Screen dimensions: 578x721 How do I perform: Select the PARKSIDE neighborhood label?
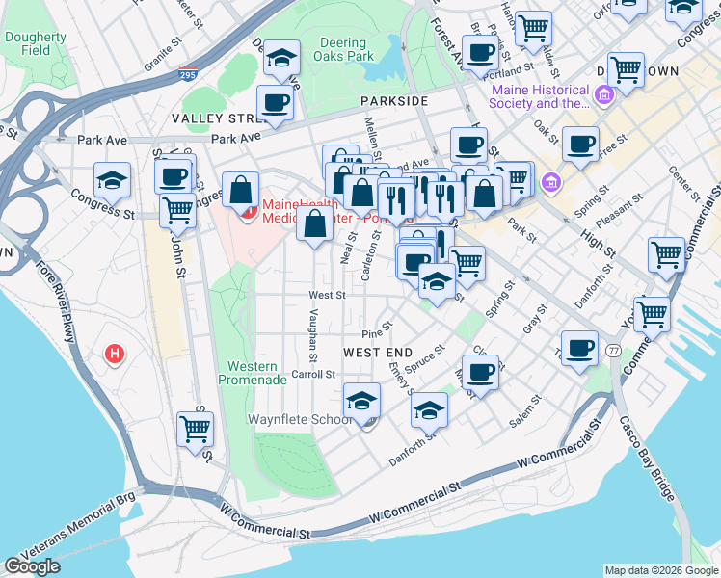[x=393, y=101]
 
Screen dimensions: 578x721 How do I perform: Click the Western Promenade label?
[x=257, y=373]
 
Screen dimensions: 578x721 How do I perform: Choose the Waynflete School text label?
[x=298, y=420]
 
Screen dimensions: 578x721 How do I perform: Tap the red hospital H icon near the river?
[x=115, y=355]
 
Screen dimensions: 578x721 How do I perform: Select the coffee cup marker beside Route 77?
[x=579, y=349]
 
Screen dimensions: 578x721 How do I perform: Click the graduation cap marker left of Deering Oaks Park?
[x=281, y=58]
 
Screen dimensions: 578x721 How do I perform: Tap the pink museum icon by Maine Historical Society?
[x=604, y=95]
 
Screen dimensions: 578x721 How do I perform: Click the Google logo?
[x=33, y=566]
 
